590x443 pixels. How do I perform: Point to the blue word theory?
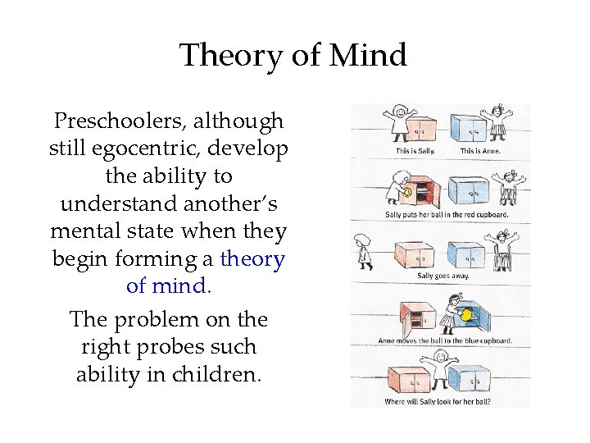[252, 259]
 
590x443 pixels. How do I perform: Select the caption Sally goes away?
[442, 276]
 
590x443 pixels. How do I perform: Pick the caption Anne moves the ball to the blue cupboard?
[445, 340]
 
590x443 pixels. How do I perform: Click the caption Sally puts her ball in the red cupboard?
[447, 215]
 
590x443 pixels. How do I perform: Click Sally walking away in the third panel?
[364, 251]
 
